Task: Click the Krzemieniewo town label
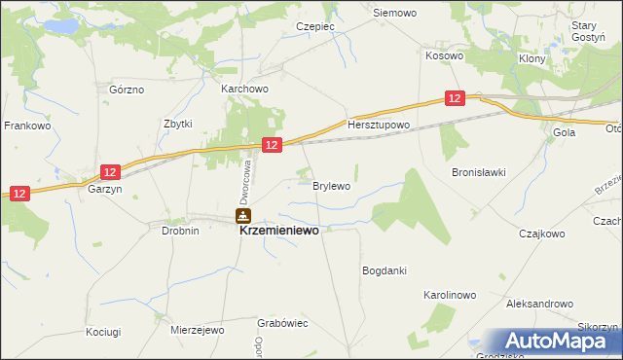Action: pos(278,233)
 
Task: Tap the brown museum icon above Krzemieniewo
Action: pos(242,216)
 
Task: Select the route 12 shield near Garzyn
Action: pos(110,172)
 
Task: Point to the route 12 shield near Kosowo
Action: pos(456,98)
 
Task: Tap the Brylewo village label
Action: pos(331,184)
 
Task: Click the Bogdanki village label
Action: pos(384,270)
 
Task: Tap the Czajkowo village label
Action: pos(542,234)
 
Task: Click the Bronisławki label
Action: pos(478,172)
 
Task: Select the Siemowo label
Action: pos(395,14)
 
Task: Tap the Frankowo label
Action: pos(27,126)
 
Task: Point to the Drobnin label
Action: pos(180,231)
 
